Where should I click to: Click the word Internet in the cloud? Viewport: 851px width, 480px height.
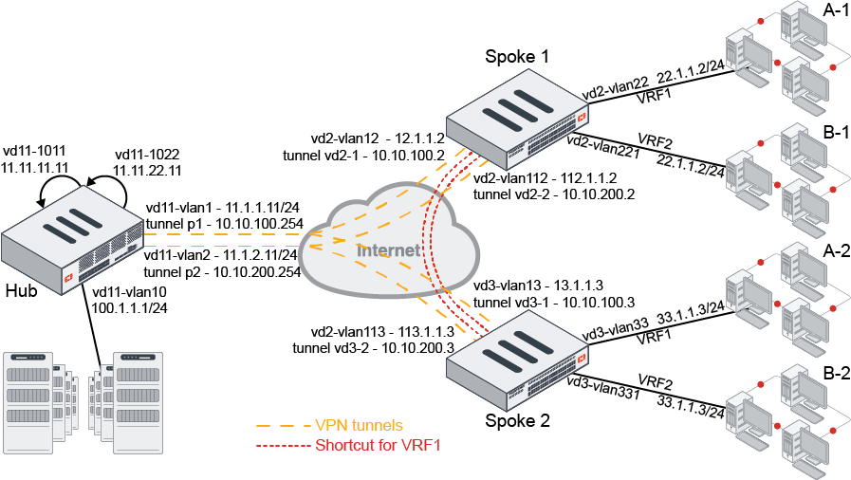coord(388,251)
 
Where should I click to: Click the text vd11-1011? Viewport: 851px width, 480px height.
coord(37,149)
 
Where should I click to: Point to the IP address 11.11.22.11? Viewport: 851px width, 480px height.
coord(147,170)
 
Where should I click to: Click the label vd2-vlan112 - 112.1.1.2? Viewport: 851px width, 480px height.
coord(546,178)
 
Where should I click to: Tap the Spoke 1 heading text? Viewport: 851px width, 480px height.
coord(517,57)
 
